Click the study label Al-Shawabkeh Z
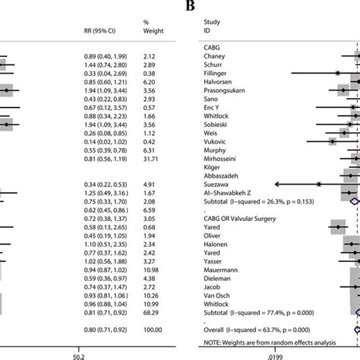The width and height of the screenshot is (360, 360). click(x=229, y=193)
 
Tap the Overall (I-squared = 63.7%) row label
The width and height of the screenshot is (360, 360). click(x=263, y=330)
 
